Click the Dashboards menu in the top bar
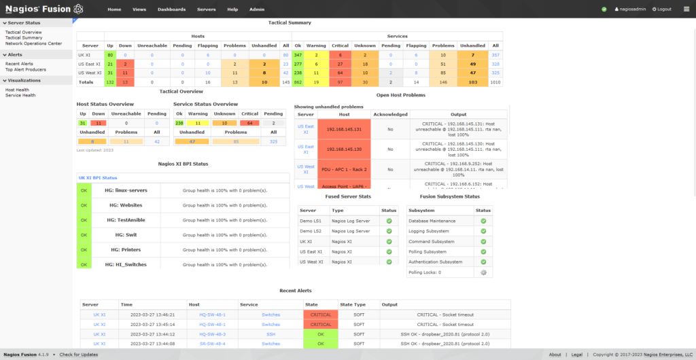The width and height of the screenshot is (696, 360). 171,10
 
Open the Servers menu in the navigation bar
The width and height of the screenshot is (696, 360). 206,10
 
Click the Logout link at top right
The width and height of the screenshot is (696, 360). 661,10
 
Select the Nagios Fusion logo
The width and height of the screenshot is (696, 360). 44,9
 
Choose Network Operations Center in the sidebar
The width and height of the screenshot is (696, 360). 33,43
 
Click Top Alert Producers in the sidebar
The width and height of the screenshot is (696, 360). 26,69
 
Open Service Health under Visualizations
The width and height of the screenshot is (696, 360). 20,95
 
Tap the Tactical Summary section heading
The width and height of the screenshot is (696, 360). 290,22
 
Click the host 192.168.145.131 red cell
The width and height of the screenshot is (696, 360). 343,129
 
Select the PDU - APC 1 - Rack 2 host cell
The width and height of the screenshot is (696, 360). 344,169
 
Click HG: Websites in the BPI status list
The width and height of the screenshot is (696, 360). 124,204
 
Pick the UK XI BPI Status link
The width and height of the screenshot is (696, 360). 98,177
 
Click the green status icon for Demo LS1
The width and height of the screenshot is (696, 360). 389,221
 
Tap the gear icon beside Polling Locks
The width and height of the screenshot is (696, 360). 483,272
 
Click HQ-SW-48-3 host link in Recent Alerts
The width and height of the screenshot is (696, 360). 212,334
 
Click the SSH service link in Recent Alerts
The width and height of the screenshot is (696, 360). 271,334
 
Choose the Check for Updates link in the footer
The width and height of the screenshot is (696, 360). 79,355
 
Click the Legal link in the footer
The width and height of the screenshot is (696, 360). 576,355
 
